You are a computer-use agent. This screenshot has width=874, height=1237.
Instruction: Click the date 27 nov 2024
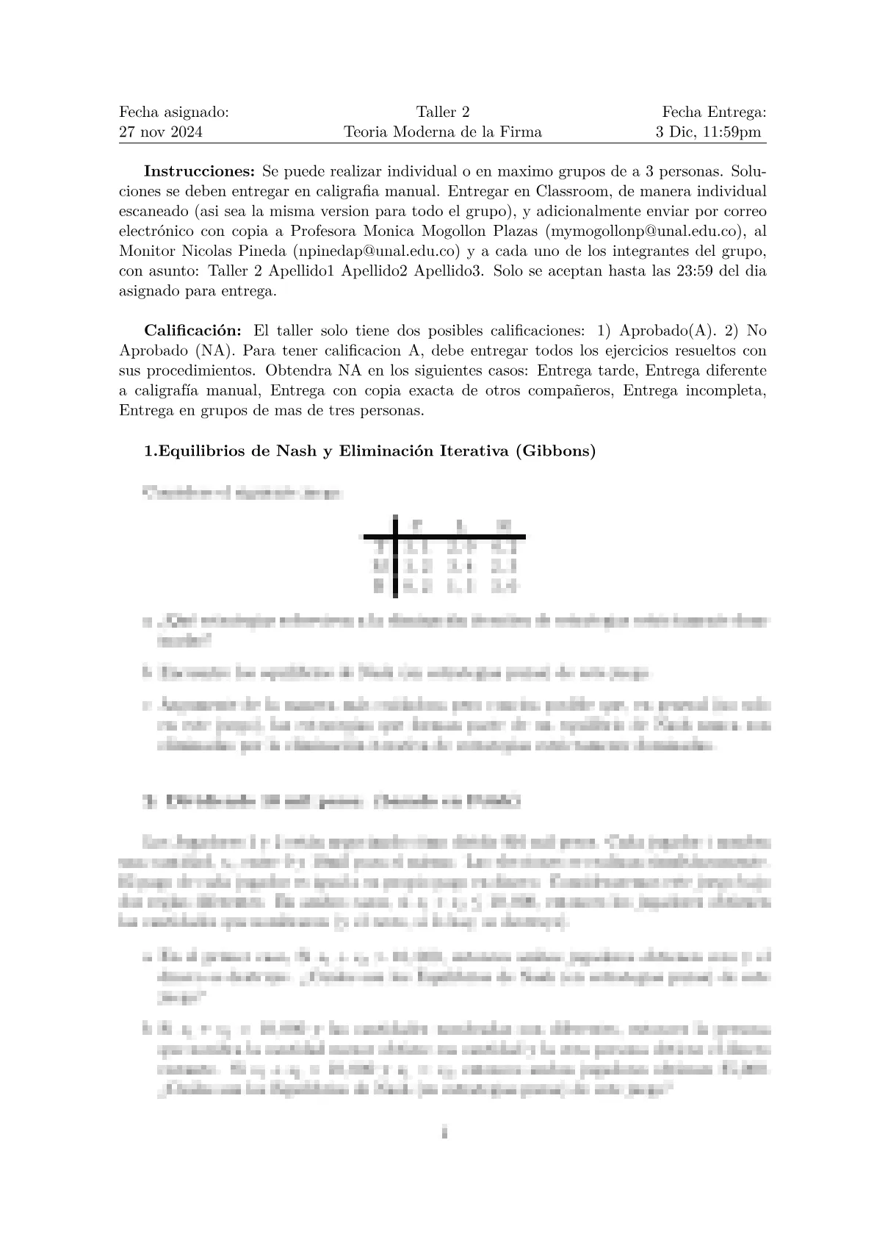[x=161, y=132]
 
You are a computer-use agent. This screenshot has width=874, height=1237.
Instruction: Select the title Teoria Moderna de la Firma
[x=443, y=132]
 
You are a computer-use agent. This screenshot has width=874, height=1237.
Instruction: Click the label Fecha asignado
[x=174, y=112]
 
